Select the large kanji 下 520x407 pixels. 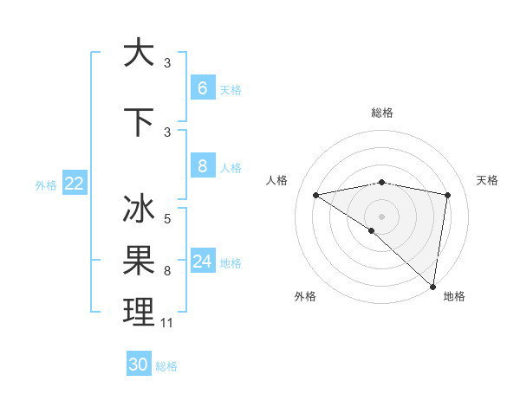tap(139, 121)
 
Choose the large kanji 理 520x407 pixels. tap(139, 312)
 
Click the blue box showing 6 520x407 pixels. tap(202, 88)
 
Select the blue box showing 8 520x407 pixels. tap(202, 167)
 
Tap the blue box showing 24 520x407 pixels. tap(202, 262)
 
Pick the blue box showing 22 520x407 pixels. tap(75, 184)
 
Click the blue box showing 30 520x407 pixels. tap(139, 365)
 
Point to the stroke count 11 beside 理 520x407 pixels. tap(167, 323)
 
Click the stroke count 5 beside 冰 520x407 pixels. tap(167, 219)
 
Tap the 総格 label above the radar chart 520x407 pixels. tap(381, 113)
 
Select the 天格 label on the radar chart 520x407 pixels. tap(487, 180)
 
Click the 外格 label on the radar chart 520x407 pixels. tap(305, 296)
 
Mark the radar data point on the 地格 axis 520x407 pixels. tap(432, 287)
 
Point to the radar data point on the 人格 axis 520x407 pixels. tap(315, 195)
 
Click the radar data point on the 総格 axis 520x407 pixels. tap(381, 182)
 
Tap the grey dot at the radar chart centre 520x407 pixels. tap(381, 216)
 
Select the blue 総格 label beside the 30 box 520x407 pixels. tap(166, 366)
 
